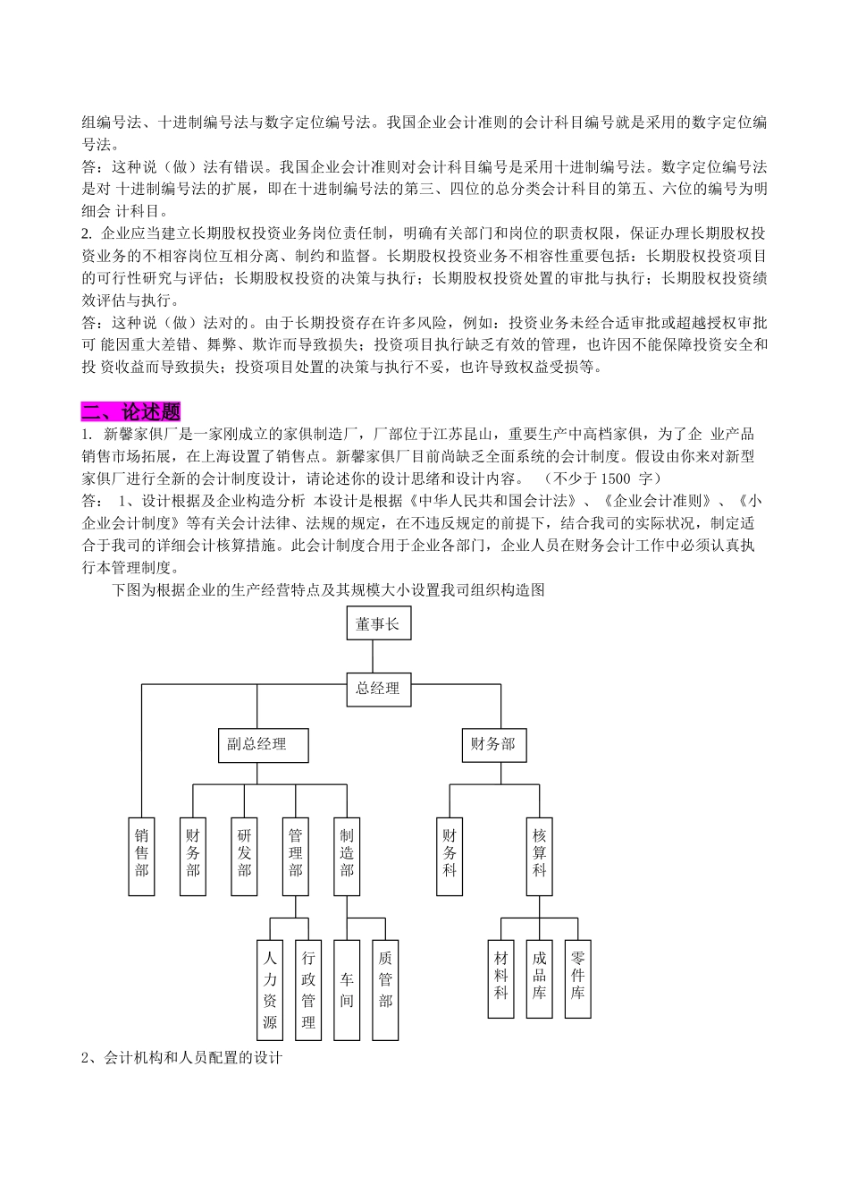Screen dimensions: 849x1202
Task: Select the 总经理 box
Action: tap(378, 690)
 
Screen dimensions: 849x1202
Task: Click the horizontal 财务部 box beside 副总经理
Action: tap(493, 744)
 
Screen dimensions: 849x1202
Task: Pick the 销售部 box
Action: tap(142, 856)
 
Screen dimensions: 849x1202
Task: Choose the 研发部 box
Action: tap(244, 856)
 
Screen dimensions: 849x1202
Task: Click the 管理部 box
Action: tap(296, 856)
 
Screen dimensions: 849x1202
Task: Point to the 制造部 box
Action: tap(347, 856)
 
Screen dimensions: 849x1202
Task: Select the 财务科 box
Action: tap(450, 856)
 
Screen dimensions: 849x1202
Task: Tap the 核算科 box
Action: tap(539, 856)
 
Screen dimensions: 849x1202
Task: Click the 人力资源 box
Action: tap(270, 989)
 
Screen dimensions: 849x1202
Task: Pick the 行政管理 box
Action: tap(308, 989)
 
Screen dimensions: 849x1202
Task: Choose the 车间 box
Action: tap(347, 989)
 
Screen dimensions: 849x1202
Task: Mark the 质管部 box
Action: tap(385, 989)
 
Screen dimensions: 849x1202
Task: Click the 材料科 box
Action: tap(500, 978)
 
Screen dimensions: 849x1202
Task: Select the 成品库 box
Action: tap(539, 978)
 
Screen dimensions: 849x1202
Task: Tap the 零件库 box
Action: tap(577, 978)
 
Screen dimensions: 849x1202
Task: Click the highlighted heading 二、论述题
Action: tap(131, 411)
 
